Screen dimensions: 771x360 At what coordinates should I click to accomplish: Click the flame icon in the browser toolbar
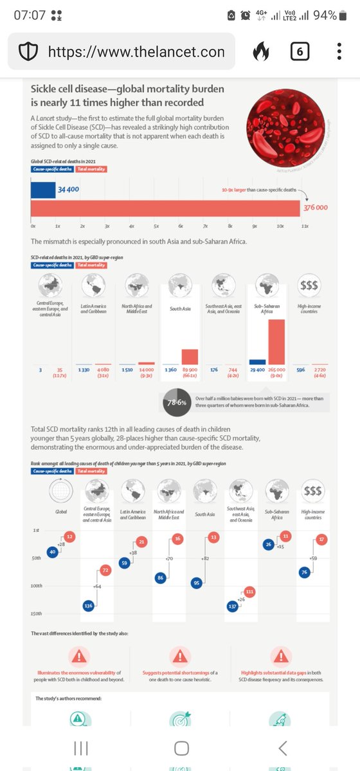tap(260, 51)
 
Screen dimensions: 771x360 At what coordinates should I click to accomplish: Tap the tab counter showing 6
tap(300, 51)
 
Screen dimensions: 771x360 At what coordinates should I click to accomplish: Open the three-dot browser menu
tap(339, 51)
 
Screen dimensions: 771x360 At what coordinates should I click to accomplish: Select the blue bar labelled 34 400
tap(44, 190)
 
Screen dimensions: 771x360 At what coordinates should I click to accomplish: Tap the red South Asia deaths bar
tap(190, 357)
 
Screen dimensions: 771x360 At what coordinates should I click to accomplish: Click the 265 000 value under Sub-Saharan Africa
tap(277, 369)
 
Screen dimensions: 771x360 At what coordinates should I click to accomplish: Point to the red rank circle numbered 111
tap(249, 590)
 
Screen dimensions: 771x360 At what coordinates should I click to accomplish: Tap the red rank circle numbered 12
tap(70, 536)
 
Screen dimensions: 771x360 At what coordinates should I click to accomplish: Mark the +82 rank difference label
tap(205, 559)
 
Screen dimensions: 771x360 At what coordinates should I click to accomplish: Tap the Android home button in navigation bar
tap(181, 748)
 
